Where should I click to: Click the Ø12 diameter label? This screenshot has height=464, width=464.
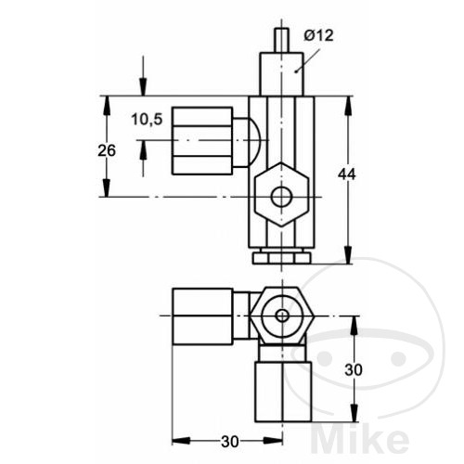(318, 35)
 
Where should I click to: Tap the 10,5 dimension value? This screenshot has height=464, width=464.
(147, 119)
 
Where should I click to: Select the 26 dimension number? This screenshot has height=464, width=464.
(107, 150)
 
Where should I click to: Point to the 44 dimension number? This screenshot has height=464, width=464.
(347, 174)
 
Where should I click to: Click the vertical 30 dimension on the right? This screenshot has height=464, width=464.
(354, 369)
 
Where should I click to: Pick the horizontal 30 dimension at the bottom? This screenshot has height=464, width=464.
(230, 442)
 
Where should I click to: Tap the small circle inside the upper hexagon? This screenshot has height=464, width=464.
(281, 197)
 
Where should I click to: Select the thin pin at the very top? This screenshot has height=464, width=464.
(281, 41)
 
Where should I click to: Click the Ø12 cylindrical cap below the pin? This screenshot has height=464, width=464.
(281, 74)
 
